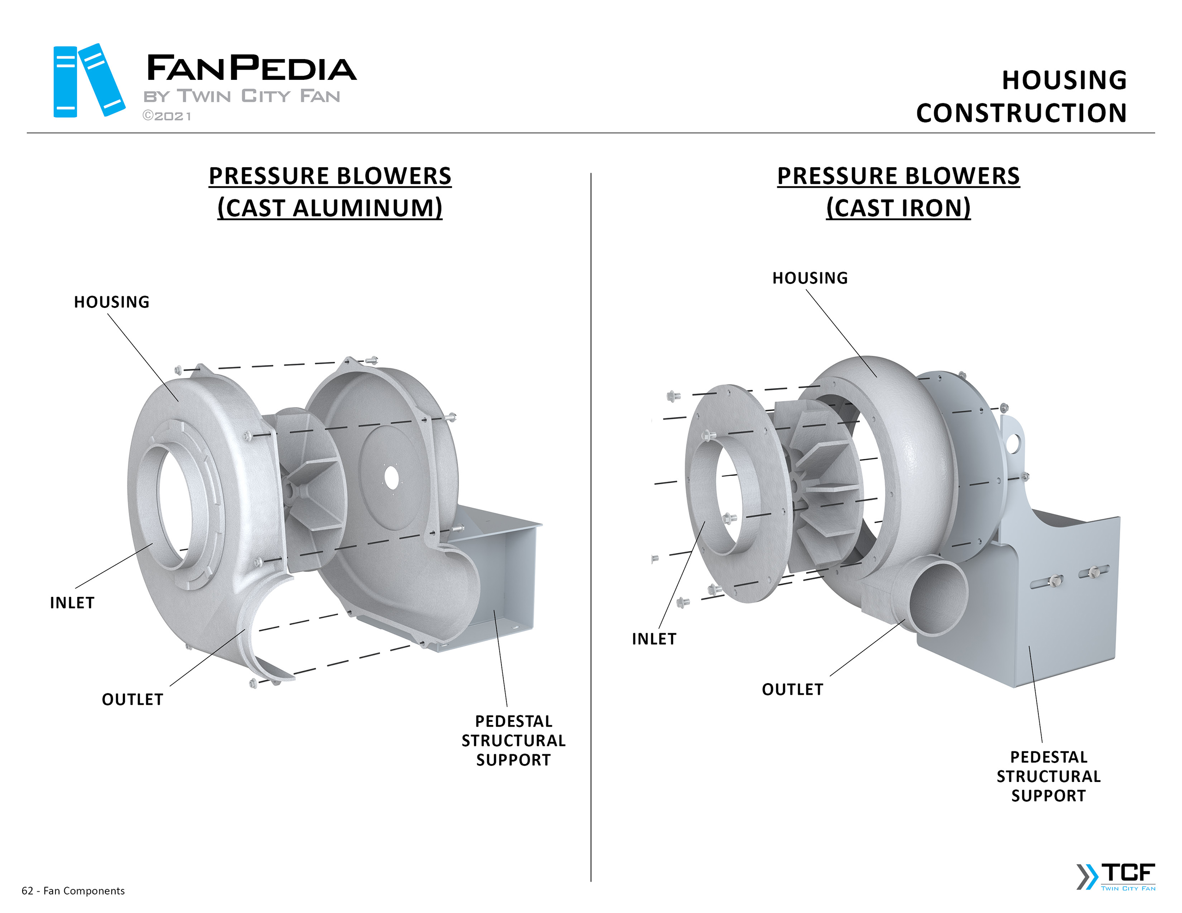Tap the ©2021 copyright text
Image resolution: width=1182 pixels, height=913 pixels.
167,116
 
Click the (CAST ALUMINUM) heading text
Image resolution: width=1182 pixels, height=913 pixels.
330,208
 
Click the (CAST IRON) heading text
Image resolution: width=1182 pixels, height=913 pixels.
898,208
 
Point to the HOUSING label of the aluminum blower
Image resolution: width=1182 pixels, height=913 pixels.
111,302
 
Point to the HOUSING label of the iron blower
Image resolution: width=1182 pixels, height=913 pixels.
810,278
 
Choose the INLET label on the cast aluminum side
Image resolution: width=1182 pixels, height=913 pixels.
72,603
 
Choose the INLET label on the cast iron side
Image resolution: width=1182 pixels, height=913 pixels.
654,639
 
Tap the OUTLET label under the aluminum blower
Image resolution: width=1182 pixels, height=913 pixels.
133,700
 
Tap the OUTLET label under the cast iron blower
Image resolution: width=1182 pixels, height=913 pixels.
792,690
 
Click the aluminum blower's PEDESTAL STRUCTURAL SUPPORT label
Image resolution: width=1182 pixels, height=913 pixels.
513,740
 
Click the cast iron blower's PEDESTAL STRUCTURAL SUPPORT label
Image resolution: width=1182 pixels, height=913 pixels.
1048,776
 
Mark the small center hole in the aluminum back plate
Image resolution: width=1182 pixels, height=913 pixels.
391,478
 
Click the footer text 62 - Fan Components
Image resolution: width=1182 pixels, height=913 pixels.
73,891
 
